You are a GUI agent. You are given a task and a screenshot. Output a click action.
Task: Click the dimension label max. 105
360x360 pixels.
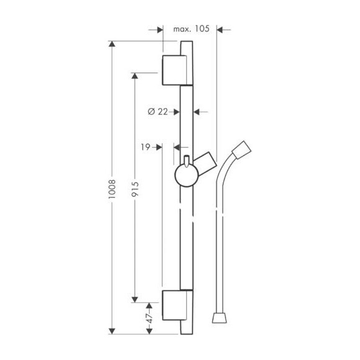pos(191,29)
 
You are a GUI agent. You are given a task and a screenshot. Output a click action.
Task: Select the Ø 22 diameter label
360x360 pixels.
pos(158,112)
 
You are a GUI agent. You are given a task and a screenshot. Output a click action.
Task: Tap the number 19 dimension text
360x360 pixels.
pos(145,147)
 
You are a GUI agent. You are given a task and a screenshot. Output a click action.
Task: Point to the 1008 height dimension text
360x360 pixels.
pos(112,187)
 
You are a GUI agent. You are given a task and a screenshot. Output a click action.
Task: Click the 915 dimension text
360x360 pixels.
pos(135,187)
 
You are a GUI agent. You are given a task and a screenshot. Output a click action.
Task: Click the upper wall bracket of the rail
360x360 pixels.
pos(174,70)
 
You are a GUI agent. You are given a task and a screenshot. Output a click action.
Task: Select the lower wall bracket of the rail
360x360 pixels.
pos(174,305)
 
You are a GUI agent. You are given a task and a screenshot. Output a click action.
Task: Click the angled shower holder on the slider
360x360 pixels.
pos(205,163)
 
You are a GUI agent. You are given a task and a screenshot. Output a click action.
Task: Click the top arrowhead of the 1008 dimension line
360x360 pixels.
pos(112,45)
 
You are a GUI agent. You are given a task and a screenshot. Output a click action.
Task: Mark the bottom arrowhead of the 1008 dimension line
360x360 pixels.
pos(112,330)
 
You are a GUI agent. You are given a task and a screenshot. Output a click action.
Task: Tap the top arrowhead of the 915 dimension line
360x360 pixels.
pos(135,76)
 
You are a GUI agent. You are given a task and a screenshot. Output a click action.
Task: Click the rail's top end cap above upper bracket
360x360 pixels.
pos(187,47)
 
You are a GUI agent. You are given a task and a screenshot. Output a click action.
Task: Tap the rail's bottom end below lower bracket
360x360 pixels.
pos(187,327)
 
